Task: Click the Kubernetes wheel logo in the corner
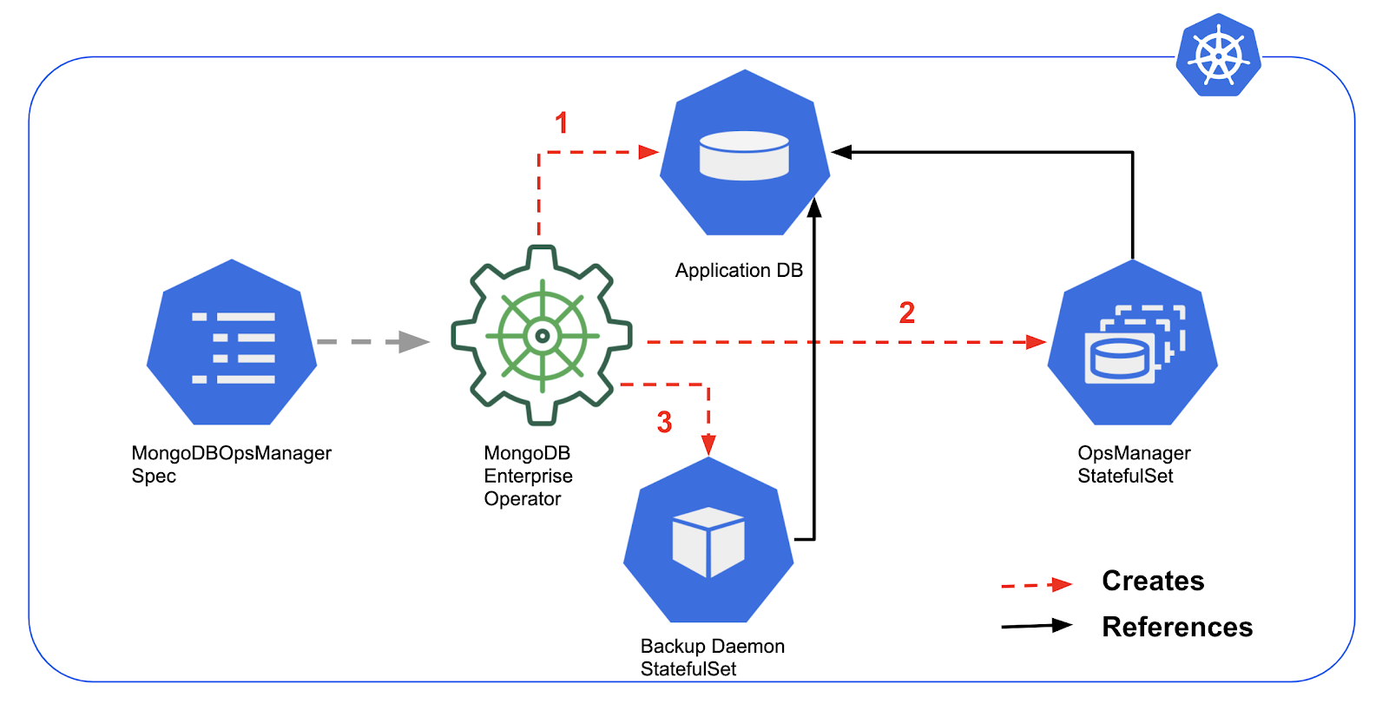click(1218, 55)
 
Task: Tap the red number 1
click(562, 123)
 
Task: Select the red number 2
click(907, 312)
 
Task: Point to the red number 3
click(664, 423)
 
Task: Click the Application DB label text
click(739, 271)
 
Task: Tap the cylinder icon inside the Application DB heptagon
click(744, 155)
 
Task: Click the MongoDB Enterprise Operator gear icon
click(542, 336)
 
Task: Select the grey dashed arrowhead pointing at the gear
click(414, 342)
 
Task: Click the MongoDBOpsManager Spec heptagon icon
click(232, 343)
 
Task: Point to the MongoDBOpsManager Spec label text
click(231, 464)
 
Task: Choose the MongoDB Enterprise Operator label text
click(528, 476)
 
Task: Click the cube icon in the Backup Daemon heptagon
click(708, 542)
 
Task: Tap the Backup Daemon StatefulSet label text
click(712, 657)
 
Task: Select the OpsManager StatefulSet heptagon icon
click(1132, 344)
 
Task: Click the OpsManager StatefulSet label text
click(1134, 464)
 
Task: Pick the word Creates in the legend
click(1153, 581)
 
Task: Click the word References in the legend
click(1177, 627)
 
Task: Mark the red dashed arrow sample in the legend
click(1037, 585)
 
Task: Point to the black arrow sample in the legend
click(1037, 626)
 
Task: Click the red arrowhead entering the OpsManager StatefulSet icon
click(1036, 342)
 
